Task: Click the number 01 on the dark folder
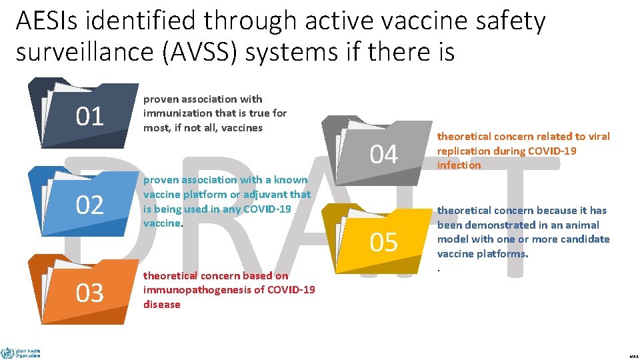coord(90,117)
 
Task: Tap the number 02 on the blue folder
coord(90,205)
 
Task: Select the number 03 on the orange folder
coord(90,293)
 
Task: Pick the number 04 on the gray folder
coord(383,155)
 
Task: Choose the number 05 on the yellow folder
coord(383,243)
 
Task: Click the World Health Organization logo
coord(21,352)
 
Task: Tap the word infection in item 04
coord(459,165)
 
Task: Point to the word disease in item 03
coord(161,304)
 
